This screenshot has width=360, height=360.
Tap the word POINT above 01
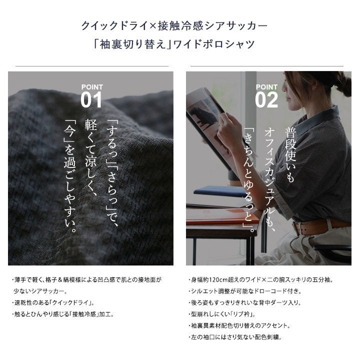92,87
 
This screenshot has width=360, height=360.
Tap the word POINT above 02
266,87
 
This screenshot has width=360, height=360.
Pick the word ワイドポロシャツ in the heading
214,44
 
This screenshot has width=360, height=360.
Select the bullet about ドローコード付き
244,291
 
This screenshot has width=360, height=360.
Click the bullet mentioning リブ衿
222,314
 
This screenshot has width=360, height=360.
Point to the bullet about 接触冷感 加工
63,314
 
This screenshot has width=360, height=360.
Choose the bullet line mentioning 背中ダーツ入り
244,302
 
